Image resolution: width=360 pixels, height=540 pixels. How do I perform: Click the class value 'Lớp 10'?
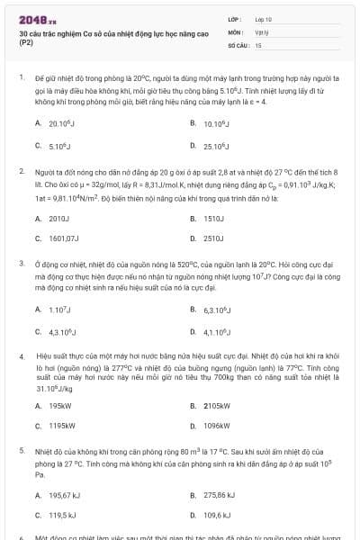(x=263, y=19)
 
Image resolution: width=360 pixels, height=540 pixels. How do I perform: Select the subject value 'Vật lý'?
(x=262, y=31)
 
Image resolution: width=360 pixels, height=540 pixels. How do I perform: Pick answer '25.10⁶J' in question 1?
(x=215, y=145)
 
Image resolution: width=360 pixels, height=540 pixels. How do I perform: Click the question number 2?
(x=22, y=170)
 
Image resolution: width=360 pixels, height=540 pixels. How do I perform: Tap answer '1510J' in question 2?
(x=213, y=218)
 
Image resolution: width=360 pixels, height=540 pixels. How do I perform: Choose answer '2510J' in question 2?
(x=213, y=238)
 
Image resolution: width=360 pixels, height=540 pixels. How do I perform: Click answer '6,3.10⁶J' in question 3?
(x=219, y=310)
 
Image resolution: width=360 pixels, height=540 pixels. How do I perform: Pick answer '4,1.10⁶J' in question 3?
(x=219, y=331)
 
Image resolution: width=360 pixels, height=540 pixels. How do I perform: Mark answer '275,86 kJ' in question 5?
(x=220, y=494)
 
